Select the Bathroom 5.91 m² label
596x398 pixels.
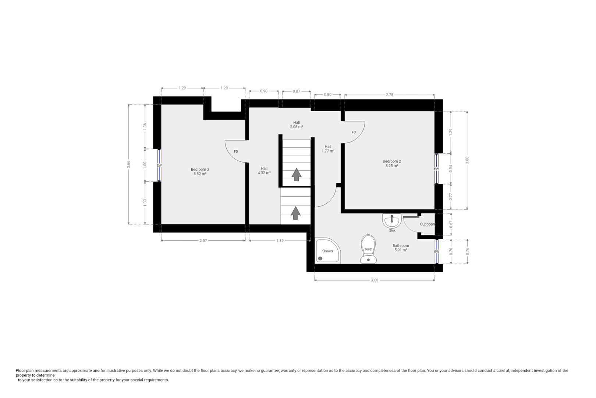tap(400, 248)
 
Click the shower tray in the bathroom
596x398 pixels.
tap(328, 251)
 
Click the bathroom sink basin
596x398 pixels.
tap(392, 221)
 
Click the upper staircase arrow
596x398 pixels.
tap(296, 174)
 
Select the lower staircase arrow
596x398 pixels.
tap(295, 213)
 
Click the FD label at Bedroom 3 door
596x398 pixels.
tap(236, 151)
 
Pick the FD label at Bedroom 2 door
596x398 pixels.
tap(354, 132)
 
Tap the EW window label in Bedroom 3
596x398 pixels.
tap(159, 165)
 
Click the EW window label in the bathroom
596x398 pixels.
tap(436, 252)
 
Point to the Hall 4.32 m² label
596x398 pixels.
tap(264, 171)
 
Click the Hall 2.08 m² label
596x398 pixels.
tap(296, 125)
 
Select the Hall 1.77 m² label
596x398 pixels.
tap(328, 149)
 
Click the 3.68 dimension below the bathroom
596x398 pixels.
tap(374, 280)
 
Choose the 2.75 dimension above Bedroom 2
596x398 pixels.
tap(389, 95)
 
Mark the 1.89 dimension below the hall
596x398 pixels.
tap(280, 241)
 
